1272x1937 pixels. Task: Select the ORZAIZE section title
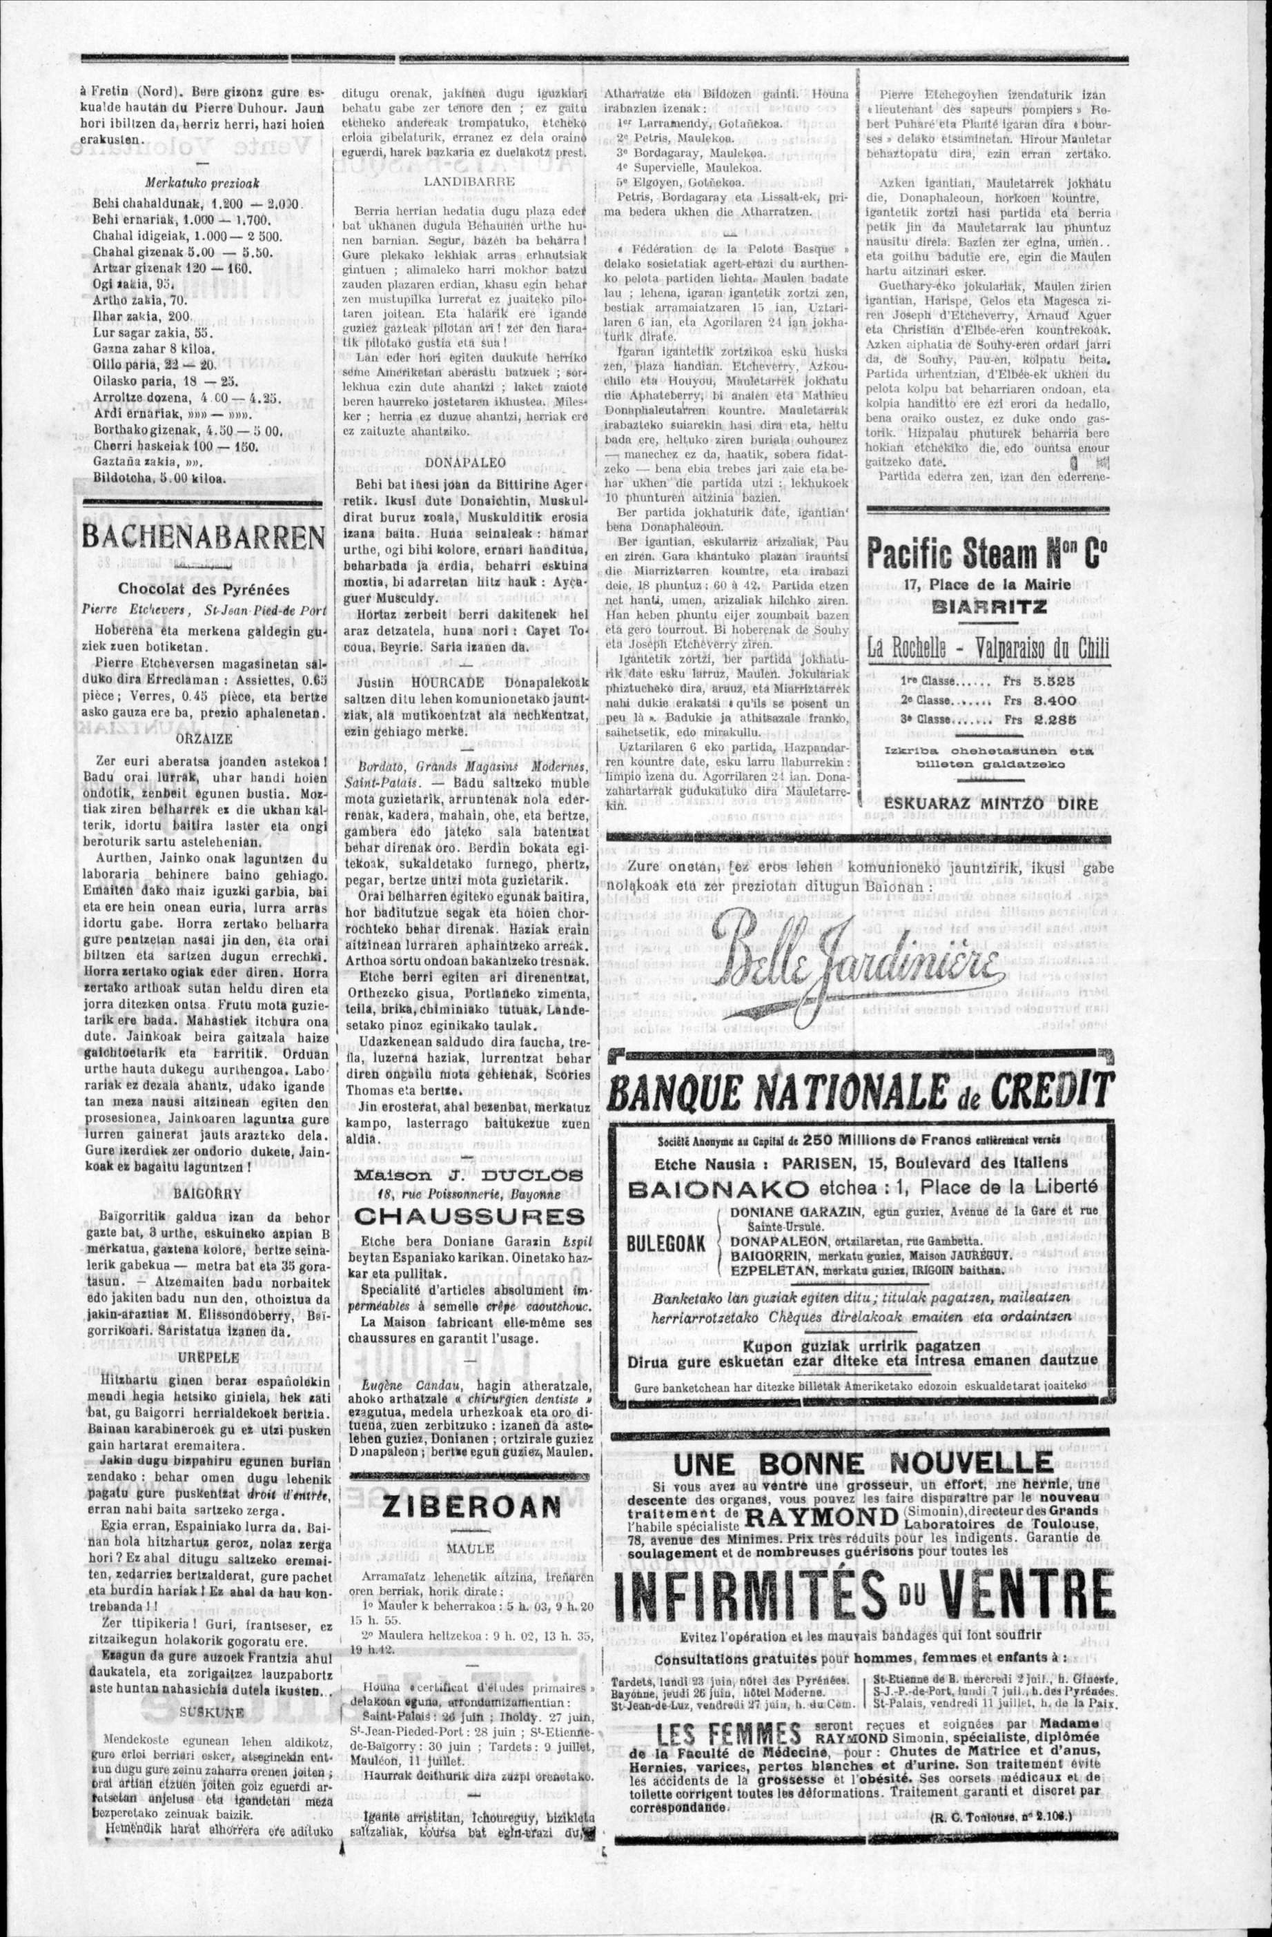pyautogui.click(x=203, y=738)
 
